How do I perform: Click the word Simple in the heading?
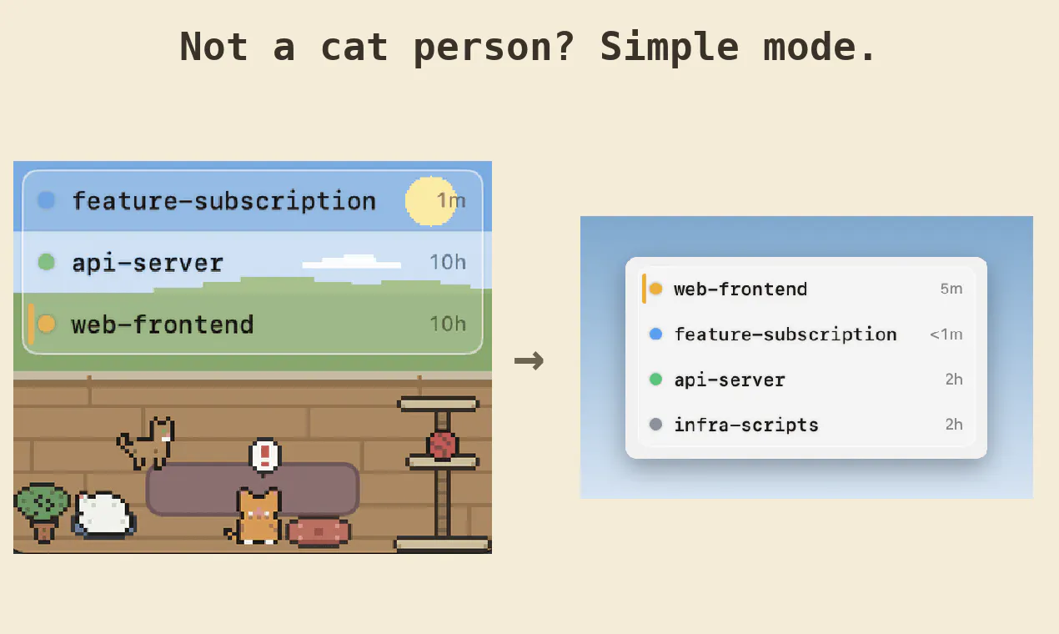coord(669,48)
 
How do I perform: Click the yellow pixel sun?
coord(431,201)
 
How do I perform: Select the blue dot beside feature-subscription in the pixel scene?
coord(47,200)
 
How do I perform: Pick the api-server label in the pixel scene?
coord(147,263)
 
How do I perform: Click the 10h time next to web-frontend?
coord(448,325)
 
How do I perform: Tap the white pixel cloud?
coord(351,262)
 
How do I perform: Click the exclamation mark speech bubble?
coord(265,456)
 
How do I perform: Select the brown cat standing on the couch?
coord(148,443)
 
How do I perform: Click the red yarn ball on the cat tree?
coord(442,445)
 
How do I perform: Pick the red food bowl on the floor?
coord(319,531)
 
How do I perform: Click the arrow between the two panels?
coord(529,361)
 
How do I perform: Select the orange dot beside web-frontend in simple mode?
coord(655,289)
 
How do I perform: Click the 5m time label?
coord(951,289)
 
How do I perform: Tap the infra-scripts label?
coord(746,425)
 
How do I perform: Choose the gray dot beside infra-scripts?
coord(655,425)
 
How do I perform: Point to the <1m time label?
coord(946,335)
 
